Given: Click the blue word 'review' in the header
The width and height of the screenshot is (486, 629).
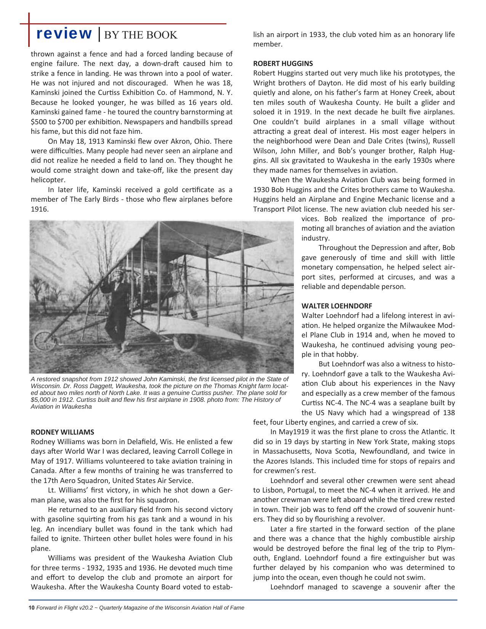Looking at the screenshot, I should click(x=64, y=34).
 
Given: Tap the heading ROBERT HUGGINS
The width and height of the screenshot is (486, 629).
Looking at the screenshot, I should click(x=283, y=63).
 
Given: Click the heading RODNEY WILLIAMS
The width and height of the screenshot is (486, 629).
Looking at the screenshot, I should click(x=62, y=432).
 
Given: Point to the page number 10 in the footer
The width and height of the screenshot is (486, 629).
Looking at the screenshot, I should click(x=32, y=608).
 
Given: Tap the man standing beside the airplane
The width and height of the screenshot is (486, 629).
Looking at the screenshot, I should click(x=115, y=305).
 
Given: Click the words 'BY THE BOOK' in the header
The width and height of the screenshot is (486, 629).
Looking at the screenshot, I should click(x=141, y=35).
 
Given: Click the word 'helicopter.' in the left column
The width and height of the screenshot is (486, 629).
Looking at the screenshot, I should click(x=48, y=180).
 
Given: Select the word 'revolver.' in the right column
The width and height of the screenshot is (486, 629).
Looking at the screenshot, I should click(x=369, y=519).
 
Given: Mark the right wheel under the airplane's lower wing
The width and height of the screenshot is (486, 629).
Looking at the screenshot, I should click(x=186, y=341).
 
